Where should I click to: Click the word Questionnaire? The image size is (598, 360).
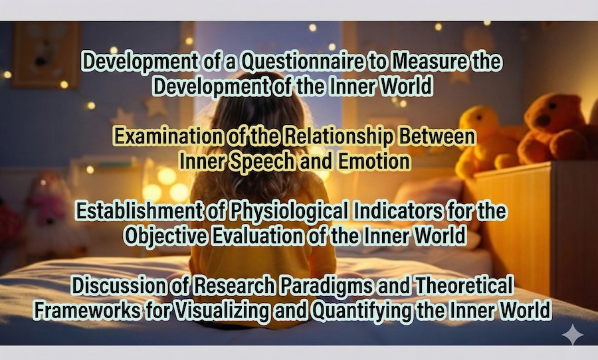pyautogui.click(x=303, y=62)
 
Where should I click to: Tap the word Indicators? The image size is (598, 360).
pyautogui.click(x=398, y=211)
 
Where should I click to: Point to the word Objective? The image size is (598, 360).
pyautogui.click(x=165, y=236)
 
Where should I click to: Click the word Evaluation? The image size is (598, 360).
pyautogui.click(x=257, y=236)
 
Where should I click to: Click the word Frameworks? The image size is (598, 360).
pyautogui.click(x=87, y=310)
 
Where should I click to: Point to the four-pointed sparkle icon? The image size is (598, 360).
pyautogui.click(x=573, y=335)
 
